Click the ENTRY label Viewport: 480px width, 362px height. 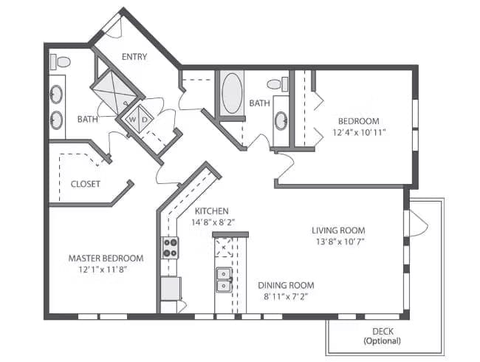tap(134, 57)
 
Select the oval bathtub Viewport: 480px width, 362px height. tap(231, 92)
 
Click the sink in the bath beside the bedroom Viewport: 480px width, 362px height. tap(281, 120)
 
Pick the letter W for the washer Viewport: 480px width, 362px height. tap(133, 119)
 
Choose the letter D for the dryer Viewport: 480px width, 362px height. tap(145, 119)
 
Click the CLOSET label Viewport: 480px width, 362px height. tap(85, 184)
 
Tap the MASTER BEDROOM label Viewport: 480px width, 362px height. tap(106, 258)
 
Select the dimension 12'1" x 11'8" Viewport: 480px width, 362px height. tap(105, 270)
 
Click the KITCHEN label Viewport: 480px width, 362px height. tap(211, 211)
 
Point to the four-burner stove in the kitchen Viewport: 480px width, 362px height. tap(170, 247)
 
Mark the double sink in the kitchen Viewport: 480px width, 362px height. tap(223, 279)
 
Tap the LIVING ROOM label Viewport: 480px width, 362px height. tap(338, 230)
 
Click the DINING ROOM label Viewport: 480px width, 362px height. tap(286, 285)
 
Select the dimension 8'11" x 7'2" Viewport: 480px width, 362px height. tap(286, 297)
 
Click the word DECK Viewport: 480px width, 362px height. tap(382, 331)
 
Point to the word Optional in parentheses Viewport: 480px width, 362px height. tap(382, 341)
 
